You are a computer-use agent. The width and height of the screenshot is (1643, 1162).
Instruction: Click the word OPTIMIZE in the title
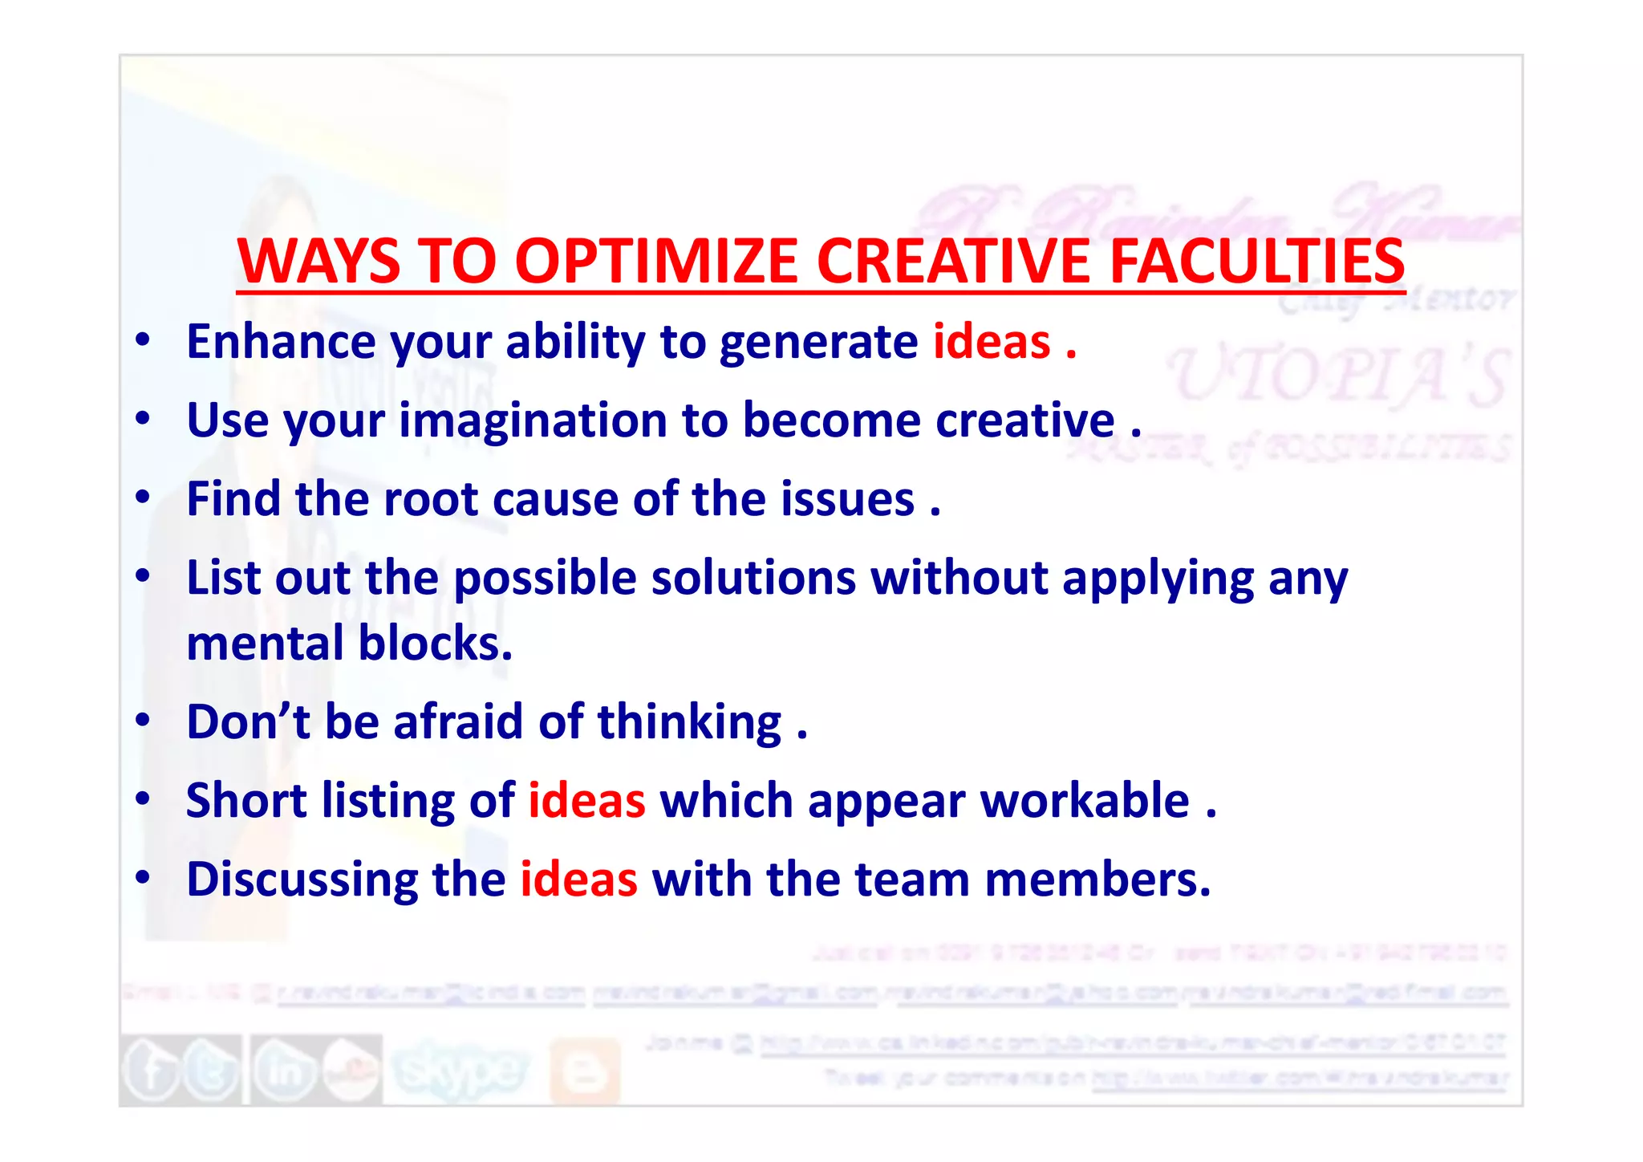pyautogui.click(x=656, y=262)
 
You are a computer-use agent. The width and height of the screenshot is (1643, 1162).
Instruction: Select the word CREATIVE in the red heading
pyautogui.click(x=953, y=262)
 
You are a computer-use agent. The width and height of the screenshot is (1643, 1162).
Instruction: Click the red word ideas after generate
pyautogui.click(x=992, y=342)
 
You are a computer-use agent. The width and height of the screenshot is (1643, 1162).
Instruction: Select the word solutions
pyautogui.click(x=753, y=578)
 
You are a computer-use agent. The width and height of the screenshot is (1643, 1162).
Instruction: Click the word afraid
pyautogui.click(x=458, y=721)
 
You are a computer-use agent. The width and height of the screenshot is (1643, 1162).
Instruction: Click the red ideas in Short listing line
pyautogui.click(x=586, y=800)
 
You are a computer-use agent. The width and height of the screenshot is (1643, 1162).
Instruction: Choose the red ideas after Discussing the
pyautogui.click(x=578, y=879)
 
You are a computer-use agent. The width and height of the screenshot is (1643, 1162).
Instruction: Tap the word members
pyautogui.click(x=1097, y=879)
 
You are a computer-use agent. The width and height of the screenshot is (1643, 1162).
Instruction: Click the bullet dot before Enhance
pyautogui.click(x=143, y=340)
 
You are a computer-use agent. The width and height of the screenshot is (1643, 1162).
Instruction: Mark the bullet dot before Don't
pyautogui.click(x=143, y=720)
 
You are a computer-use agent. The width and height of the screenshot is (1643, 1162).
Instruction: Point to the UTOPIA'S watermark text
pyautogui.click(x=1338, y=376)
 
